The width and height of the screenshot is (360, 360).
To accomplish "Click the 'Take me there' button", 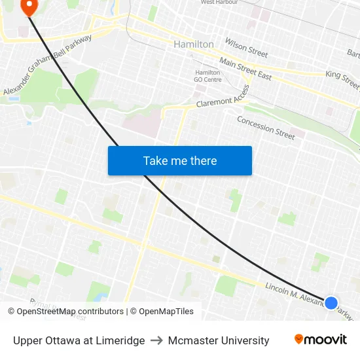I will (x=180, y=160).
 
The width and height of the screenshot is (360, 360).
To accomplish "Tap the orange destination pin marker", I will (x=29, y=7).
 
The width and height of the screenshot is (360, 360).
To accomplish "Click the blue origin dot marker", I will (x=331, y=303).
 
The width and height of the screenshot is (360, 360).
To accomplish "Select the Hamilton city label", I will (x=194, y=44).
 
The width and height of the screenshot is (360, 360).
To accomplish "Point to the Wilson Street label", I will (x=246, y=47).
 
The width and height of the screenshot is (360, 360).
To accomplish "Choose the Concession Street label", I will (x=266, y=128).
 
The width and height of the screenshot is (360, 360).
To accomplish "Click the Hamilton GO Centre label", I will (x=207, y=76).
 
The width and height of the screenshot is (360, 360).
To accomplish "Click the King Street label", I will (x=342, y=80).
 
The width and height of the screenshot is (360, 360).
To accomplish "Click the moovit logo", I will (x=321, y=340).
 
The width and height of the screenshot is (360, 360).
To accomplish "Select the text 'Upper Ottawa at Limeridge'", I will (x=79, y=340).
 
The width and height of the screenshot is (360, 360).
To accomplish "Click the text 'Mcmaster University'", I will (x=219, y=340).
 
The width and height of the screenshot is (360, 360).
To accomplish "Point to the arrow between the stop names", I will (x=156, y=340).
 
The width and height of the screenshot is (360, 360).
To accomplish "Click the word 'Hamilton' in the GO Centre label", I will (x=207, y=72).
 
